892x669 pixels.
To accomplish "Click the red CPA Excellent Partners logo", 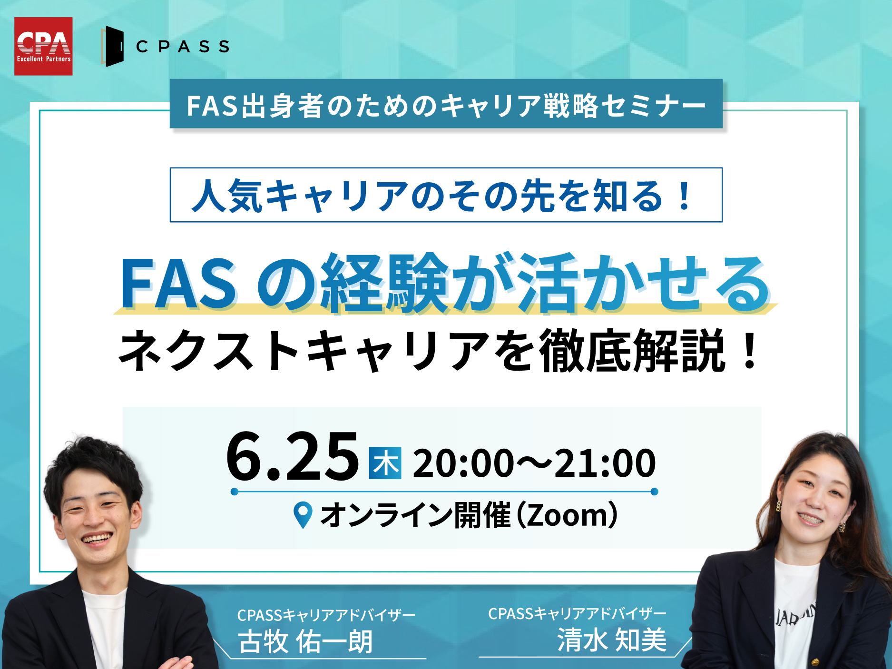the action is pyautogui.click(x=43, y=46).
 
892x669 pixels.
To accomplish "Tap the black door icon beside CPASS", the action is pyautogui.click(x=113, y=46).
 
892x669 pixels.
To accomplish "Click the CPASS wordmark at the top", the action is pyautogui.click(x=183, y=47).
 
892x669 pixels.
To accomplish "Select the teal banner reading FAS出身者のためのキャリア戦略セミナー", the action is pyautogui.click(x=446, y=104).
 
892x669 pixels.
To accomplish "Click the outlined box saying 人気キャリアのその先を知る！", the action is pyautogui.click(x=446, y=195).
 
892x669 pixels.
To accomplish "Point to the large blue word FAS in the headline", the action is pyautogui.click(x=178, y=284).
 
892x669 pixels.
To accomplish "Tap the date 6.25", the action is pyautogui.click(x=292, y=457).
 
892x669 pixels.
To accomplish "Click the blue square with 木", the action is pyautogui.click(x=385, y=463).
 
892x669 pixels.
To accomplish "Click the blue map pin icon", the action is pyautogui.click(x=303, y=515).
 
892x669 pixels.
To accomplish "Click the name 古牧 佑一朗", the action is pyautogui.click(x=305, y=641).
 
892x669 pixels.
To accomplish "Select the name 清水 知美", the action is pyautogui.click(x=612, y=639).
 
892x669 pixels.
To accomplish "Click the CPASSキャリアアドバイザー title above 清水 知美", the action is pyautogui.click(x=577, y=614).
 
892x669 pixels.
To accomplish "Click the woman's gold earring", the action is pyautogui.click(x=779, y=506).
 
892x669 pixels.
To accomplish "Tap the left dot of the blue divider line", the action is pyautogui.click(x=234, y=492).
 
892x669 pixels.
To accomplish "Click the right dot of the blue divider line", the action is pyautogui.click(x=654, y=492).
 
